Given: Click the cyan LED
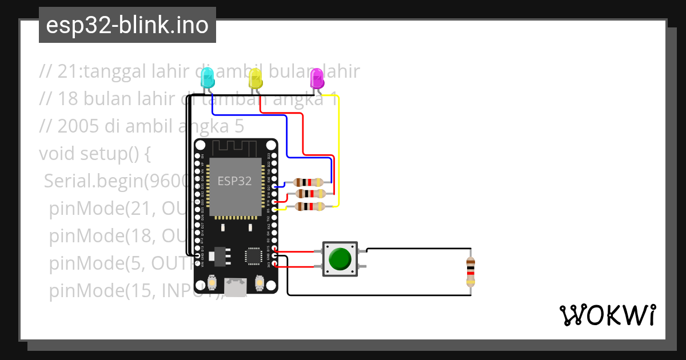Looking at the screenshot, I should click(207, 77).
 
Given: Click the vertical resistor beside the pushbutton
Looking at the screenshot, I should click(470, 271).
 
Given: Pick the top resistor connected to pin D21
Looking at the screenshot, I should click(309, 182).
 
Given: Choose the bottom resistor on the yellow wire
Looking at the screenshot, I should click(309, 206).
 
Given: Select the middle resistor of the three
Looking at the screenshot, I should click(309, 194).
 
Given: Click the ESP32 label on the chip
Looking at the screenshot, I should click(234, 181).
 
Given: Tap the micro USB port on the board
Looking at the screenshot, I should click(235, 287).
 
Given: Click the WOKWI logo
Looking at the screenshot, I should click(607, 315).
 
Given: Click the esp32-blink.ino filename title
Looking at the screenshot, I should click(127, 25).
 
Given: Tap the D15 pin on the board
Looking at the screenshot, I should click(275, 250).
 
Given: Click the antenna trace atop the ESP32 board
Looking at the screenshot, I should click(235, 147).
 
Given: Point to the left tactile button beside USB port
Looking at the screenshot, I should click(212, 283).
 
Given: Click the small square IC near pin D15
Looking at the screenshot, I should click(253, 256).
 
